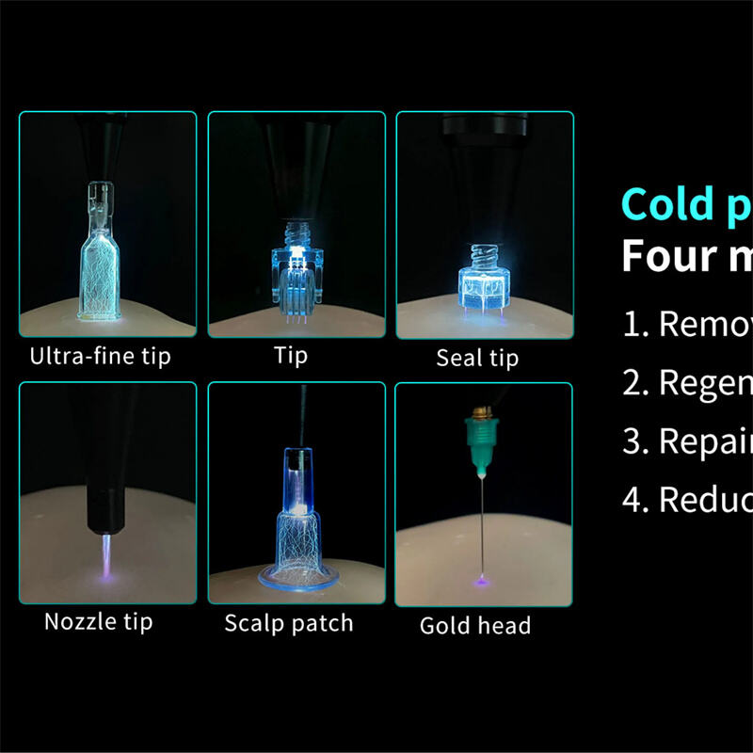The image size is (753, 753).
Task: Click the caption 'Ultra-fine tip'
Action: click(x=101, y=357)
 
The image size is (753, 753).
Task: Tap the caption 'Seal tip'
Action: click(x=477, y=359)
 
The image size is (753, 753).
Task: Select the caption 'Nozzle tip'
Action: click(x=98, y=621)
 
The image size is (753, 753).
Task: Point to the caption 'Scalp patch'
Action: click(x=289, y=622)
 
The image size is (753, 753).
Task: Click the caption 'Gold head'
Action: click(x=475, y=625)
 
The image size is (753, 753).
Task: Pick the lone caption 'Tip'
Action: click(x=291, y=357)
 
